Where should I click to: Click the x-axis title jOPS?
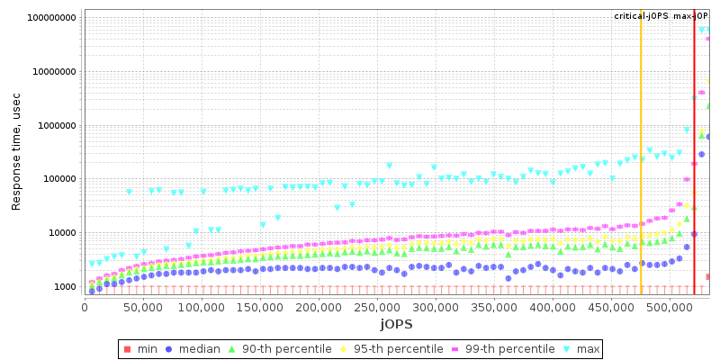[x=397, y=324]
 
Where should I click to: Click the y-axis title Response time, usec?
[x=16, y=156]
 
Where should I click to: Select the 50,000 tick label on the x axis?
[x=143, y=308]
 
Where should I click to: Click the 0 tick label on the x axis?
[x=85, y=308]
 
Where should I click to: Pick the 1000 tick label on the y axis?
[x=65, y=287]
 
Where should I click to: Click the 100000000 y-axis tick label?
[x=51, y=18]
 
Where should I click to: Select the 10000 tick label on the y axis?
[x=61, y=233]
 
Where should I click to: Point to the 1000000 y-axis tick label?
[x=56, y=126]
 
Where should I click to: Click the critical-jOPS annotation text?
[x=641, y=16]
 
